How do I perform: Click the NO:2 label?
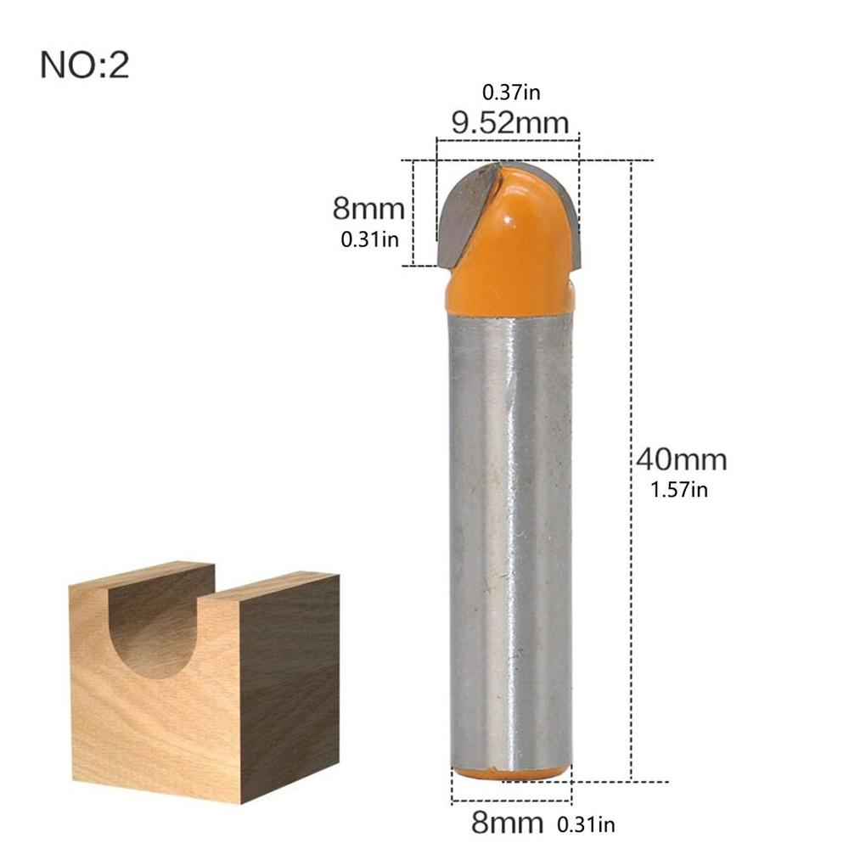point(84,65)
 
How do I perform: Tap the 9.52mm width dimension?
point(509,124)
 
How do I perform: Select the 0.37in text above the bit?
point(509,91)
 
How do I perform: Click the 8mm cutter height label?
point(368,208)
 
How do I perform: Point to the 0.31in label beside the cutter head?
point(369,239)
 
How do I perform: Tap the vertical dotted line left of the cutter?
point(414,212)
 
